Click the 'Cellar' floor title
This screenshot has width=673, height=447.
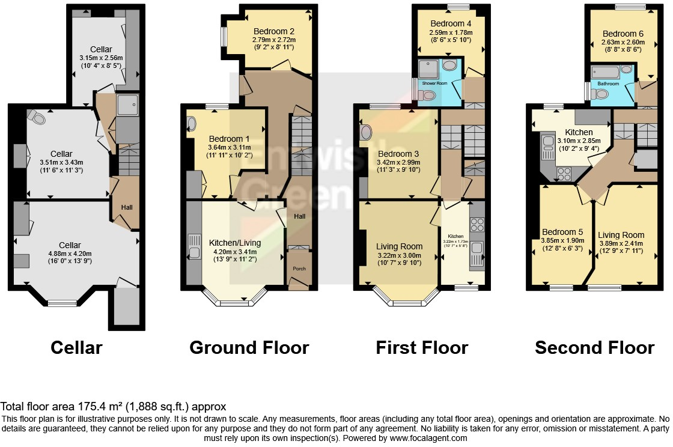pyautogui.click(x=76, y=347)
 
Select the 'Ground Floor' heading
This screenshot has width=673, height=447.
pyautogui.click(x=249, y=347)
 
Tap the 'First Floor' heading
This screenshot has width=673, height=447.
pyautogui.click(x=422, y=347)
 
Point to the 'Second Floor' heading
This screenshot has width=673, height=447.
pyautogui.click(x=594, y=347)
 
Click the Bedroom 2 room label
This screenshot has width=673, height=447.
pyautogui.click(x=273, y=31)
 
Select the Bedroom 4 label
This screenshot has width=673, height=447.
pyautogui.click(x=451, y=24)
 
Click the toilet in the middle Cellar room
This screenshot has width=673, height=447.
pyautogui.click(x=38, y=118)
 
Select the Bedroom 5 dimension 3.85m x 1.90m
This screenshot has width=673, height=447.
pyautogui.click(x=558, y=240)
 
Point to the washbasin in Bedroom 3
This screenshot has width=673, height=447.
pyautogui.click(x=367, y=131)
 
